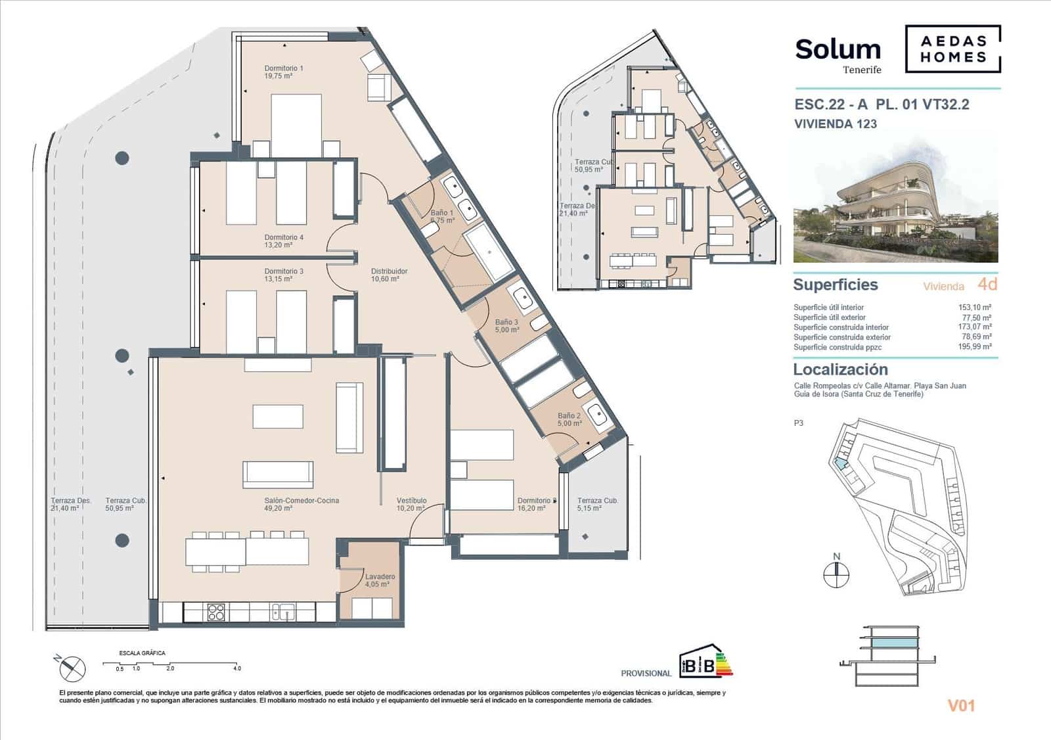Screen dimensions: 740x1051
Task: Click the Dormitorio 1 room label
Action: (283, 68)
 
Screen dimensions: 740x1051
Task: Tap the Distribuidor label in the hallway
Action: (389, 271)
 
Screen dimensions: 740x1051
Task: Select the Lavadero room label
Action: (380, 577)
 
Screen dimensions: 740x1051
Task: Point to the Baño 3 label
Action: (506, 323)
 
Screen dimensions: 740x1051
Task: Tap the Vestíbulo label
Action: (411, 501)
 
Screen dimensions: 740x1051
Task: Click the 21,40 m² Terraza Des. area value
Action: (65, 509)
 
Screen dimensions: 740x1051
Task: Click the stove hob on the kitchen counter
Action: (216, 612)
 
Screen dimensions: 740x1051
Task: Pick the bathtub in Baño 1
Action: (489, 250)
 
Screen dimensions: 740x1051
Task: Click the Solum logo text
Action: (838, 50)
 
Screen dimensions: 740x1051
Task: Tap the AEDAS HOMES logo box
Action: (953, 49)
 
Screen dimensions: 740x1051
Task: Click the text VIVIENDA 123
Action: (835, 124)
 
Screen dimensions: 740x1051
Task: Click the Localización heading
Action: (840, 369)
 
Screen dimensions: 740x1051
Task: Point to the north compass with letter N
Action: (836, 574)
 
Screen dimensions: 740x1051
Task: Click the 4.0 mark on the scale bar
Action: (236, 668)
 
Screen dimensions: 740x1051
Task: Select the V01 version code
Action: (961, 706)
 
